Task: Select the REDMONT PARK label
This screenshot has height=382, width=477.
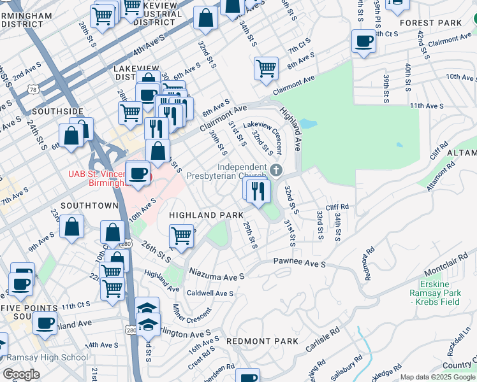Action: pyautogui.click(x=262, y=341)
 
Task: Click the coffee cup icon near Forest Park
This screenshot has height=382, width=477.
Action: pyautogui.click(x=364, y=42)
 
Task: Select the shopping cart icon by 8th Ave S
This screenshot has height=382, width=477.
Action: pyautogui.click(x=266, y=68)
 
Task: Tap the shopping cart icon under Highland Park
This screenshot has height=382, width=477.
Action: pyautogui.click(x=182, y=236)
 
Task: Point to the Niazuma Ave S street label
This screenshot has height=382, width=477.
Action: pyautogui.click(x=217, y=274)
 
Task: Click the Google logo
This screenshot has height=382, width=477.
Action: pyautogui.click(x=21, y=374)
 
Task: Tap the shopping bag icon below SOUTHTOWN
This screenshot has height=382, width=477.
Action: pyautogui.click(x=73, y=227)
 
